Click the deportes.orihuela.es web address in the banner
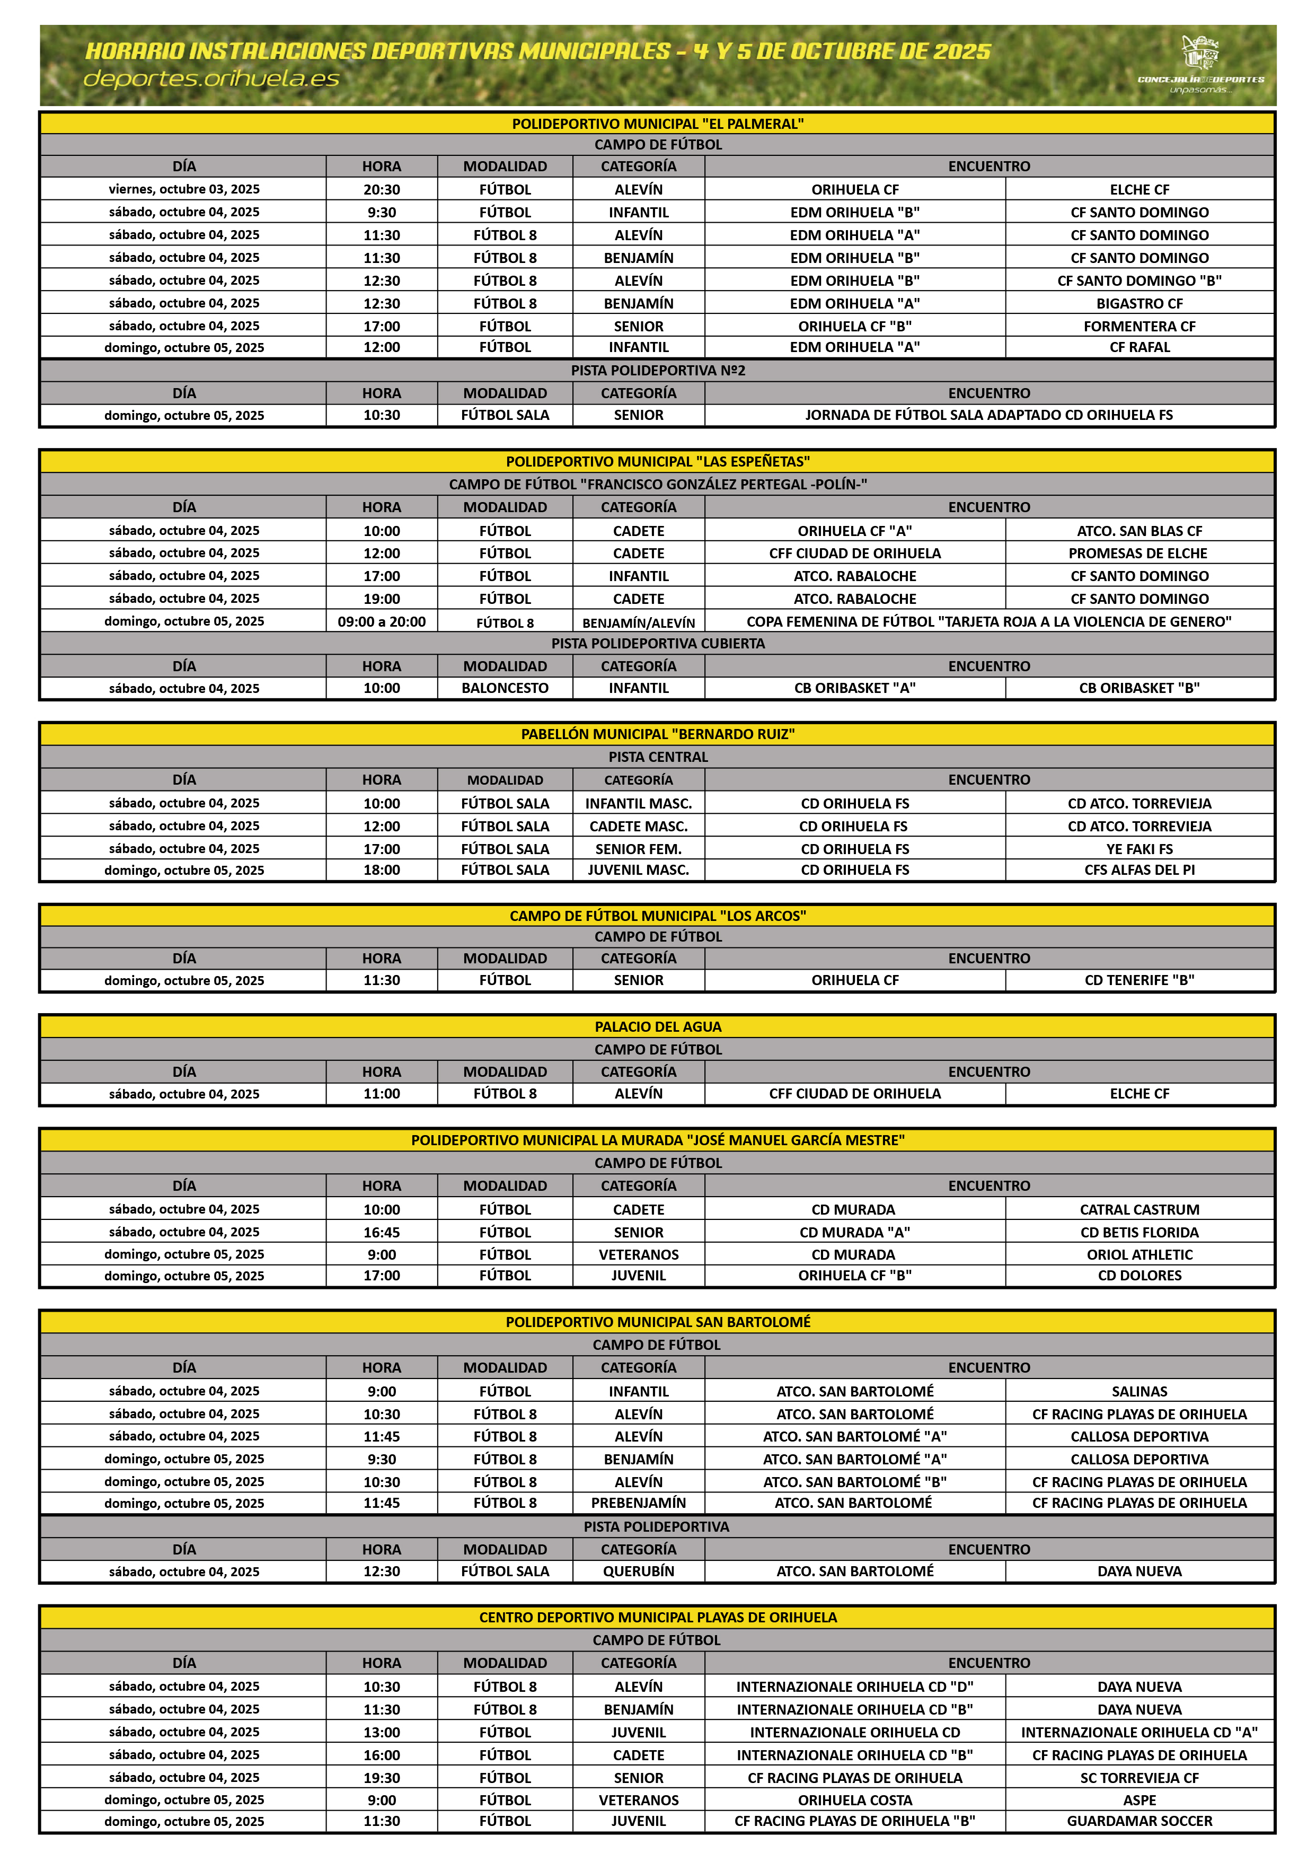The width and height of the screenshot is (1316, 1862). (211, 78)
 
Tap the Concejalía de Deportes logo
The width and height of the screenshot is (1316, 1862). (1200, 63)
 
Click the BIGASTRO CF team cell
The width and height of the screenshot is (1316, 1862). (1138, 303)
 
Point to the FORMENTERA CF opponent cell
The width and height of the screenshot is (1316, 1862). (1138, 326)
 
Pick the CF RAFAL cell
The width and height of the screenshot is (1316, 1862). (1138, 347)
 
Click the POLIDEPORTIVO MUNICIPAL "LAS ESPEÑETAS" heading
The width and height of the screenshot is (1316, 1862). (658, 461)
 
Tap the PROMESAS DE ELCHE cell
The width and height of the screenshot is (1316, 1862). (1137, 553)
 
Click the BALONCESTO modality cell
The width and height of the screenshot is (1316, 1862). (505, 688)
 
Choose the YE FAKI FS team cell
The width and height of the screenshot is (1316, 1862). (1138, 849)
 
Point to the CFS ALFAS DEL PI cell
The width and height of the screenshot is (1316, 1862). (1138, 870)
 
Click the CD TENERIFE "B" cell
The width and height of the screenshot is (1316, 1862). (1138, 980)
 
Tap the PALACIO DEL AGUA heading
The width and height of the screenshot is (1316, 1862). (658, 1026)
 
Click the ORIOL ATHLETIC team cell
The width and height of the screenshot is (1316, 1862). (1138, 1254)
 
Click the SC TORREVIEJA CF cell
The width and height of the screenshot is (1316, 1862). (1138, 1778)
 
